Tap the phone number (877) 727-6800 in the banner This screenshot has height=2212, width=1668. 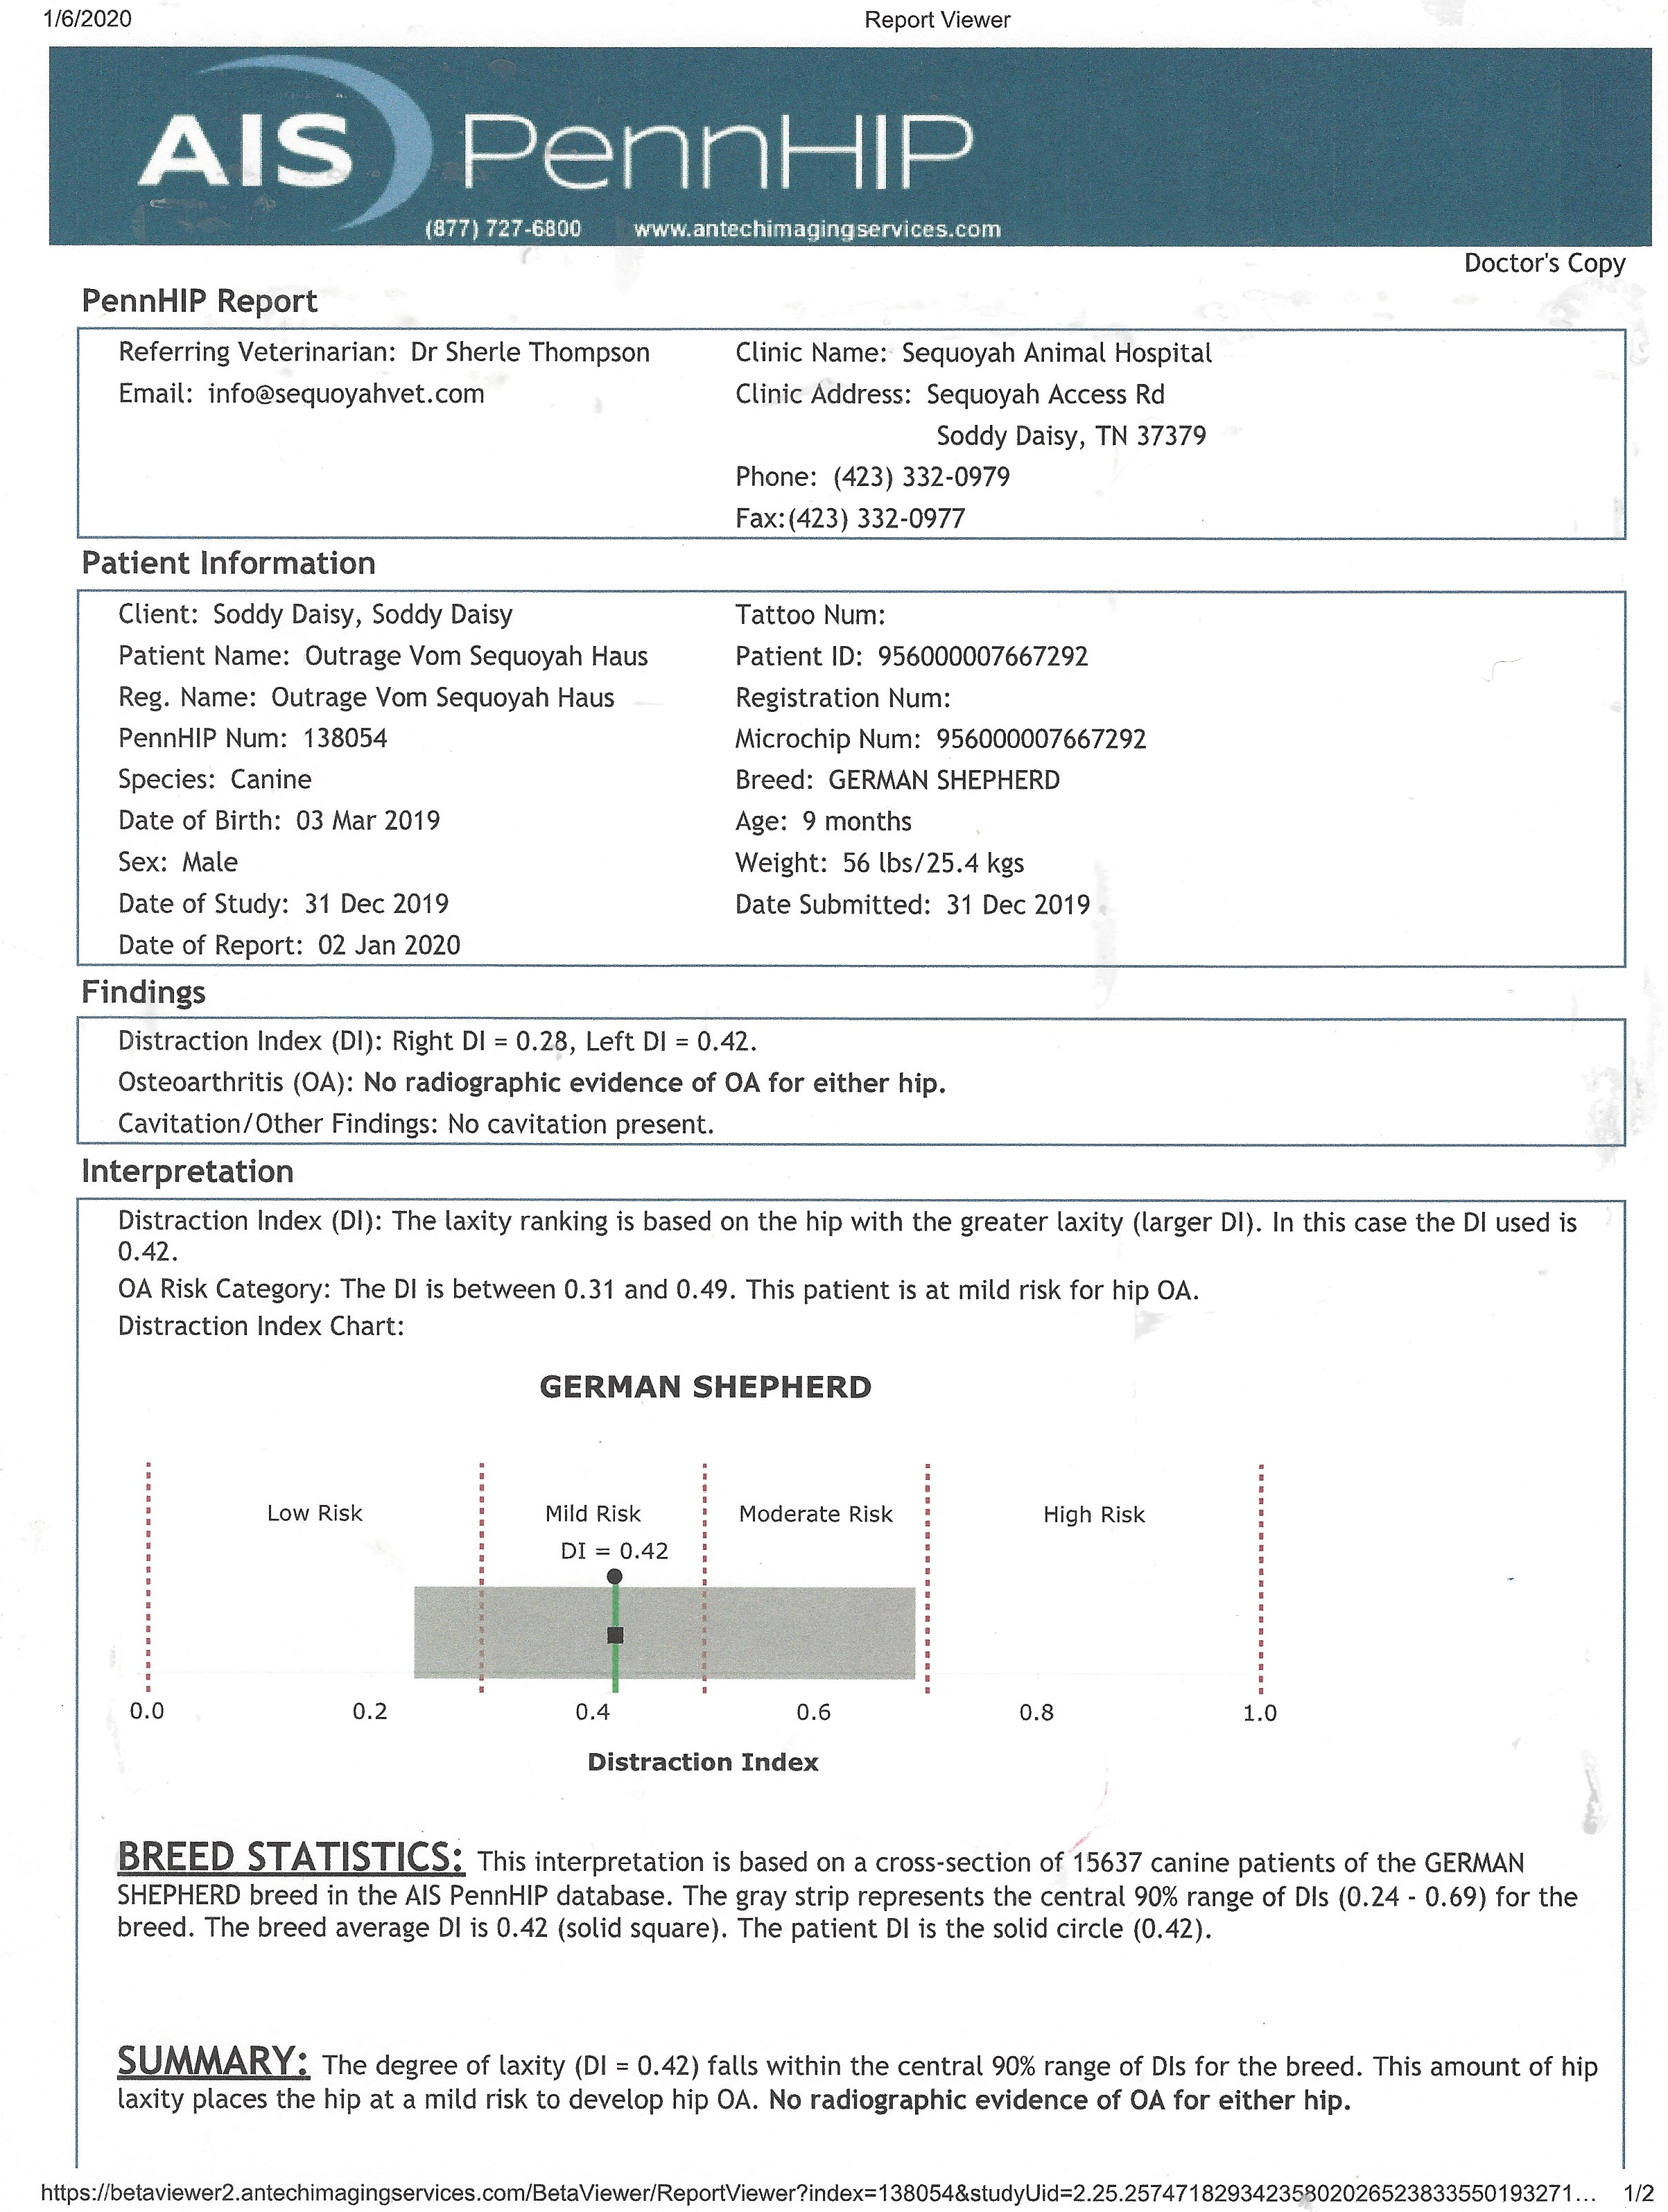coord(503,229)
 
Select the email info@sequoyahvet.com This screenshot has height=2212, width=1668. coord(346,394)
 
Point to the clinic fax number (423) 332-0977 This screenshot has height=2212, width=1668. coord(877,518)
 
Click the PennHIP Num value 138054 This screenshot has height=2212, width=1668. coord(345,738)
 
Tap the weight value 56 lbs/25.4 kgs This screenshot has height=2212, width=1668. coord(933,863)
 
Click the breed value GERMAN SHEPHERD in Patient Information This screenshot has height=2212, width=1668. coord(944,780)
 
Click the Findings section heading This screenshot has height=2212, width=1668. coord(143,992)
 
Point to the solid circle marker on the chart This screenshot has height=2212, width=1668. coord(615,1577)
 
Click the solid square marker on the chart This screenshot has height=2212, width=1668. coord(615,1635)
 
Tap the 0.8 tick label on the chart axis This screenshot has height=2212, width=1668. coord(1036,1713)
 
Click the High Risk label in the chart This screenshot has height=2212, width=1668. coord(1094,1515)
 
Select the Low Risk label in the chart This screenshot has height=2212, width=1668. coord(314,1514)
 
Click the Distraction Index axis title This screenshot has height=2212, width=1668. coord(702,1762)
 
